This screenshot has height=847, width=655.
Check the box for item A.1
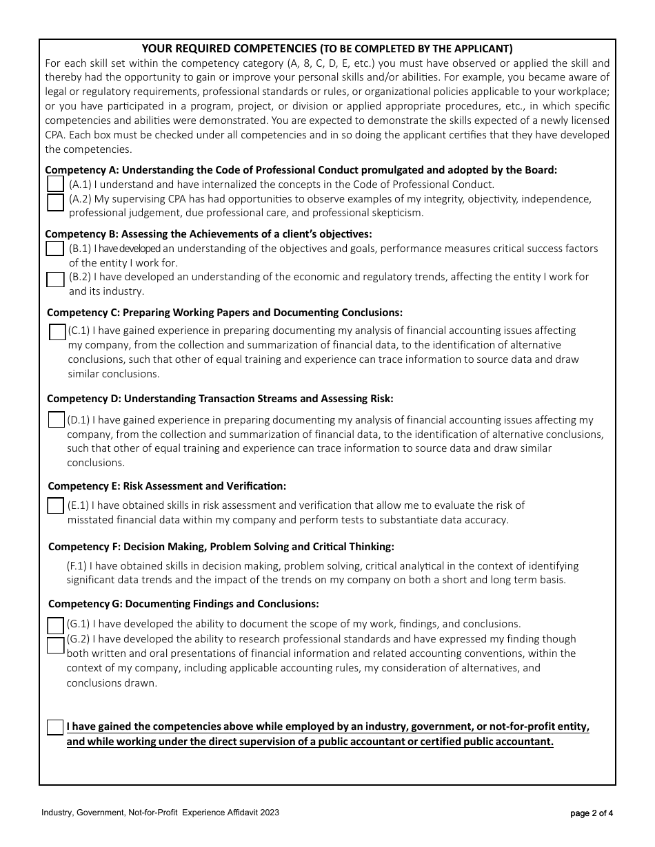(56, 184)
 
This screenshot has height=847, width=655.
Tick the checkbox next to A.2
(56, 202)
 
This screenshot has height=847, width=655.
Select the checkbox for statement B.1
(54, 249)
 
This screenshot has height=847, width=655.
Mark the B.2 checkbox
(55, 280)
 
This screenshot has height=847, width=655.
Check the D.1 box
(57, 419)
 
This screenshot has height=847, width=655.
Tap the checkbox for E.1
(56, 505)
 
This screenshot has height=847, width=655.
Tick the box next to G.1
(56, 625)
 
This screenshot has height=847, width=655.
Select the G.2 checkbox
(55, 645)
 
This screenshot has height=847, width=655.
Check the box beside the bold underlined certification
(55, 727)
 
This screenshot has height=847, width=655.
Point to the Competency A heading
(301, 169)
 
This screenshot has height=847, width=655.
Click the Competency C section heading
(225, 313)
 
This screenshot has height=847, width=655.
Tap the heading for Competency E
(167, 486)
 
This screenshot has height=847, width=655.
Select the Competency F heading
(221, 547)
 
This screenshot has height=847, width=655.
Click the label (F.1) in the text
(77, 566)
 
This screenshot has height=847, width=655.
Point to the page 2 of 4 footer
(592, 813)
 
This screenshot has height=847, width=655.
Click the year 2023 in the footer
(270, 813)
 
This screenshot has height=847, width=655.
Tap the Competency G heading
(183, 604)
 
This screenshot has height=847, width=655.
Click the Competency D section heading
(220, 398)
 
